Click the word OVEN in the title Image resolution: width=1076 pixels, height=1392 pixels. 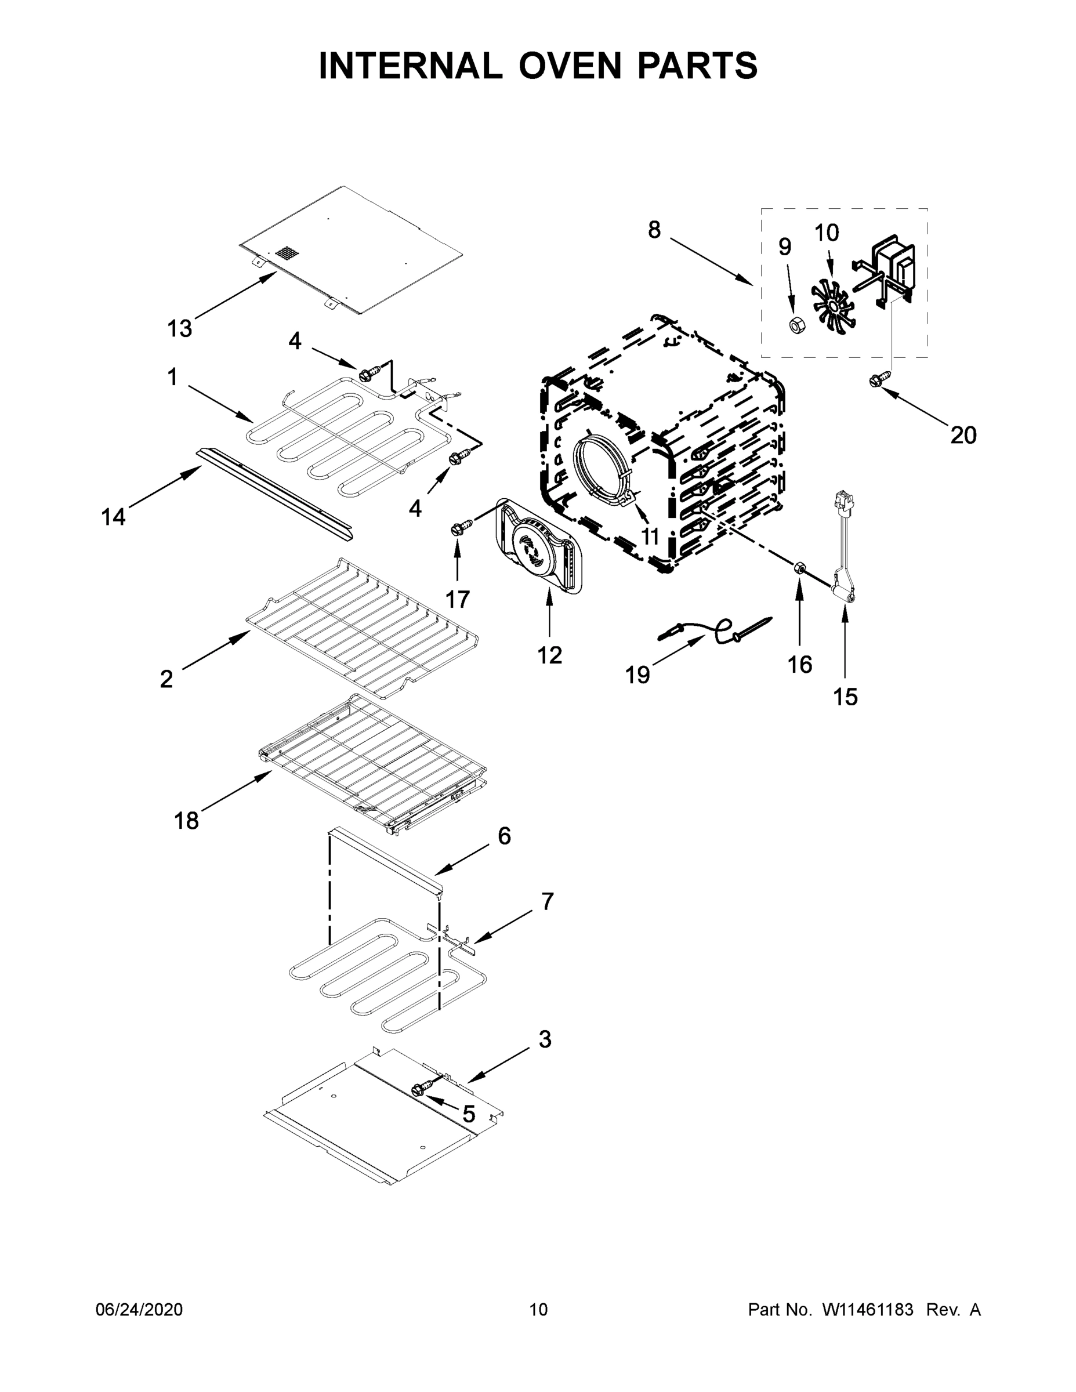click(569, 66)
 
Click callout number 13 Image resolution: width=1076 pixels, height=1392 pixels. click(180, 329)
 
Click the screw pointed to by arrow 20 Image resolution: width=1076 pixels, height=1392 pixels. click(875, 380)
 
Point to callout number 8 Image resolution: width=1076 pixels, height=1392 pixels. click(655, 230)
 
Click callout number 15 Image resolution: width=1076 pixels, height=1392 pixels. click(845, 697)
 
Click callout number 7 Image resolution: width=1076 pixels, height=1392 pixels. click(548, 901)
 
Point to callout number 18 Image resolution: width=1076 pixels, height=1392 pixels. click(187, 821)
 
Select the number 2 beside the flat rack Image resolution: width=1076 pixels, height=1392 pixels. click(166, 679)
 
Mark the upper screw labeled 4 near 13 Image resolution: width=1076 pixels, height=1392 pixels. click(368, 375)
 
